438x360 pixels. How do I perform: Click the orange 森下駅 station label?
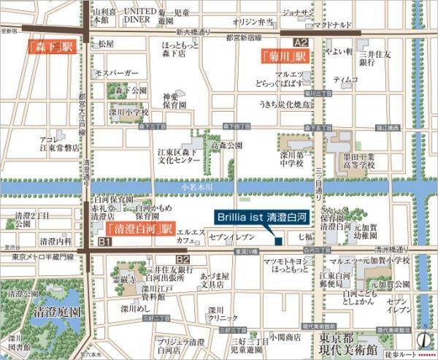pos(50,47)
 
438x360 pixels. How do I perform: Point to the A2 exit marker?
pos(300,42)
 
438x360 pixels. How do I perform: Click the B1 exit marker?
pos(104,242)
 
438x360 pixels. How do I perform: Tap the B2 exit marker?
pos(182,259)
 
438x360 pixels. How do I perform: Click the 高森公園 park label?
pos(226,146)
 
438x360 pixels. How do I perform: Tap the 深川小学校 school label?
pos(129,112)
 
